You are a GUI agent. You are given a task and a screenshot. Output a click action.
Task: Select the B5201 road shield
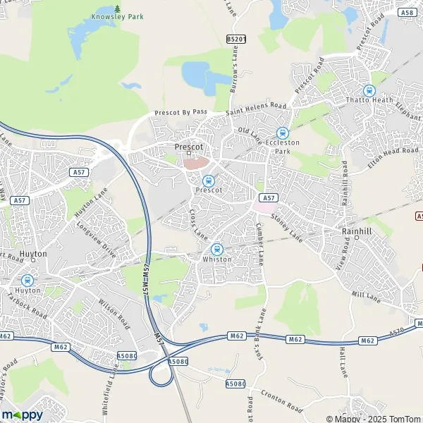pos(236,39)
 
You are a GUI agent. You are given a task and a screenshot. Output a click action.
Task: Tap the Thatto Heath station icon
pos(368,90)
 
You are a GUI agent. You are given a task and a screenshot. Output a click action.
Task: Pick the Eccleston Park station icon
pos(283,133)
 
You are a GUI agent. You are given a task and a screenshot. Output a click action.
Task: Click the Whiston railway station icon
pos(216,249)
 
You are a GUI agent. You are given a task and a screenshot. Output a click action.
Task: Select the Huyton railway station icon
pos(27,280)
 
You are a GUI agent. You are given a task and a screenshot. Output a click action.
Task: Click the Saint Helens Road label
pos(257,109)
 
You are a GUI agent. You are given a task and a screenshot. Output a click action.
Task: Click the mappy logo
pos(23,415)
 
